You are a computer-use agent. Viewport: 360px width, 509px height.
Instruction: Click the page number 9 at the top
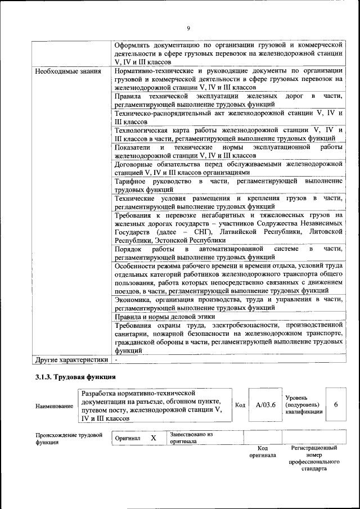[x=188, y=29]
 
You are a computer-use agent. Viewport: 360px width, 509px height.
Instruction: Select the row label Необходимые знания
[x=68, y=71]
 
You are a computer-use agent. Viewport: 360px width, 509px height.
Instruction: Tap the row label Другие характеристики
[x=71, y=359]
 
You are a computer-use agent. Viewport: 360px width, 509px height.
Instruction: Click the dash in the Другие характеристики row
[x=116, y=359]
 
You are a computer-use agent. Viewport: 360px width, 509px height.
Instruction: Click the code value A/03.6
[x=265, y=405]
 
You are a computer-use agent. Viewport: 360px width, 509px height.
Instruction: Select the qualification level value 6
[x=336, y=405]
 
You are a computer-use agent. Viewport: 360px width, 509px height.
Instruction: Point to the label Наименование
[x=54, y=406]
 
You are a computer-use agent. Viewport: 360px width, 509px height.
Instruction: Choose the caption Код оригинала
[x=262, y=452]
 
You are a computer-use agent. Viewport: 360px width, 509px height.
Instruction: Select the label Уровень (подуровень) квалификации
[x=304, y=404]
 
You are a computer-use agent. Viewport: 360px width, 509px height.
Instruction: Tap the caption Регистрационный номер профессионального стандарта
[x=313, y=458]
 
